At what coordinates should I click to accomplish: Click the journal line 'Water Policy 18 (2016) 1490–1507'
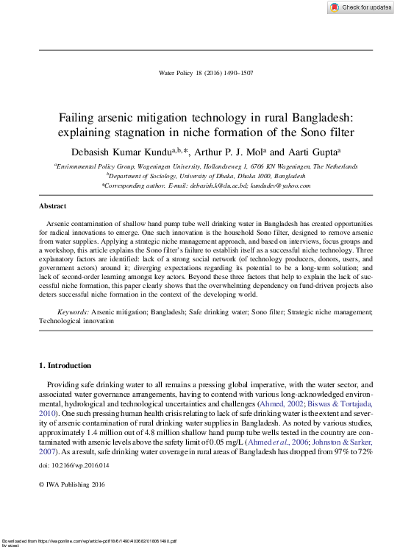(x=206, y=73)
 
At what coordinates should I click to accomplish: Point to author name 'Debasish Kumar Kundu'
(x=119, y=152)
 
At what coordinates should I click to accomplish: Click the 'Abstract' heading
(x=52, y=207)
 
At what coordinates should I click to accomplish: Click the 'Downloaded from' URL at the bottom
(x=88, y=540)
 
